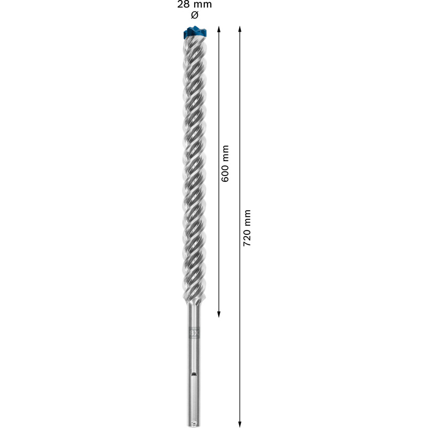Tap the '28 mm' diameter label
pyautogui.click(x=195, y=5)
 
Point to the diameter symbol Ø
pyautogui.click(x=195, y=15)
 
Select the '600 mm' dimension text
pyautogui.click(x=225, y=163)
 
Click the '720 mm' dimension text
pyautogui.click(x=247, y=227)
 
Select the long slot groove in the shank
pyautogui.click(x=194, y=393)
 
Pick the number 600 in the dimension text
pyautogui.click(x=225, y=173)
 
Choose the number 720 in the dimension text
pyautogui.click(x=247, y=237)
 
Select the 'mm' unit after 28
pyautogui.click(x=203, y=5)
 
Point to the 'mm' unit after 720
pyautogui.click(x=247, y=217)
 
